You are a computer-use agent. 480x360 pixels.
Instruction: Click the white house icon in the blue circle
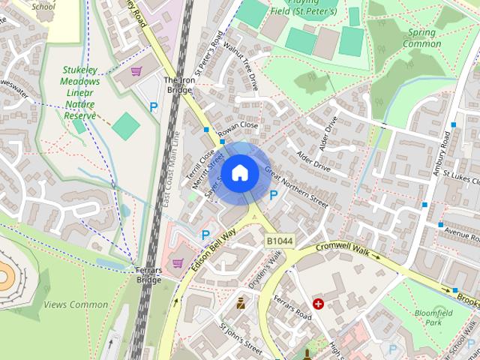pyautogui.click(x=239, y=172)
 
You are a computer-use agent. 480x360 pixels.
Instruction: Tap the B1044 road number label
pyautogui.click(x=280, y=241)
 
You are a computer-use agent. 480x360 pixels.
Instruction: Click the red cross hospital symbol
pyautogui.click(x=318, y=304)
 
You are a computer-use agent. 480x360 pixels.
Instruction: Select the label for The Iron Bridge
pyautogui.click(x=178, y=85)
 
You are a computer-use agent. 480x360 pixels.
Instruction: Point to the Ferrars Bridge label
pyautogui.click(x=148, y=274)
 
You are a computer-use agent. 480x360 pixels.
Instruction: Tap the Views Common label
pyautogui.click(x=76, y=304)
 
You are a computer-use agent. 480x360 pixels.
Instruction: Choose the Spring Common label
pyautogui.click(x=422, y=37)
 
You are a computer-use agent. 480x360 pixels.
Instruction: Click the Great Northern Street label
pyautogui.click(x=295, y=185)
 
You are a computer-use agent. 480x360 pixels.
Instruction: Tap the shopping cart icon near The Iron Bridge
pyautogui.click(x=136, y=71)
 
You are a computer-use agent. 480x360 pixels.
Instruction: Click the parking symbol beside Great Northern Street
pyautogui.click(x=274, y=195)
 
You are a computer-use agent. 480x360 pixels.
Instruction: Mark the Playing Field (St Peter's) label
pyautogui.click(x=302, y=9)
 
